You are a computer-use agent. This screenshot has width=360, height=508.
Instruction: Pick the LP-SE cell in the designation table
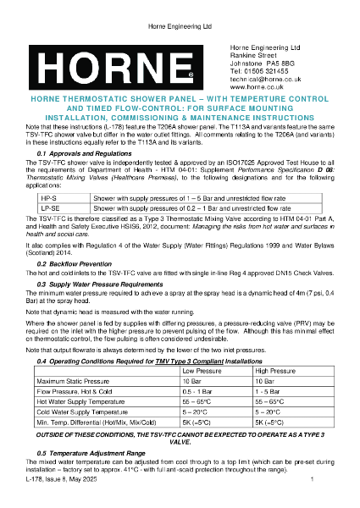pyautogui.click(x=50, y=206)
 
